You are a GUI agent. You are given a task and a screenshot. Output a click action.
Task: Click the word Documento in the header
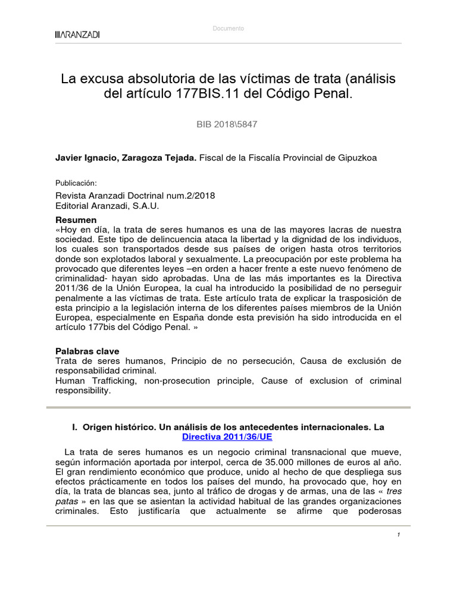pyautogui.click(x=228, y=29)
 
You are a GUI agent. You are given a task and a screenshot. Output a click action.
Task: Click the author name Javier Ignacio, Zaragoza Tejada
pyautogui.click(x=125, y=158)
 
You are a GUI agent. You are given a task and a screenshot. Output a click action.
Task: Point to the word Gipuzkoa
pyautogui.click(x=355, y=158)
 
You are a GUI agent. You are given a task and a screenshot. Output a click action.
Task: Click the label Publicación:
pyautogui.click(x=76, y=183)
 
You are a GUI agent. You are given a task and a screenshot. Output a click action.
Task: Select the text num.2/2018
pyautogui.click(x=192, y=196)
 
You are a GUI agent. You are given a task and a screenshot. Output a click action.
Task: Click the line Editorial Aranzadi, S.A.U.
pyautogui.click(x=108, y=206)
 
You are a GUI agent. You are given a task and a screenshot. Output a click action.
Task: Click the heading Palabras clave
pyautogui.click(x=87, y=351)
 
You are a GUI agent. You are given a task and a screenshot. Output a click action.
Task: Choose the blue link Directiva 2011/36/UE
pyautogui.click(x=228, y=436)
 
